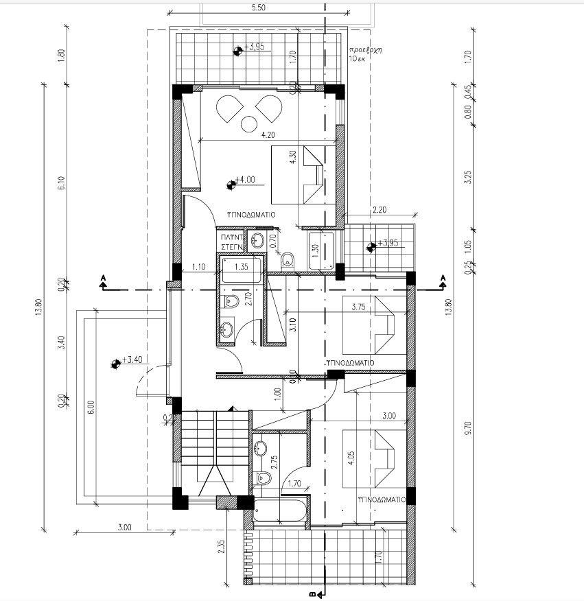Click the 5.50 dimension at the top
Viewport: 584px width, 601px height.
click(258, 8)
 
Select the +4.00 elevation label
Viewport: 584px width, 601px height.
click(244, 180)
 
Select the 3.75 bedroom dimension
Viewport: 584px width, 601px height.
click(358, 307)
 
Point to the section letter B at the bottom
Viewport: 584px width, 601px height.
click(313, 594)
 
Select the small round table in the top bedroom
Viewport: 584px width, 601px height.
click(245, 124)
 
